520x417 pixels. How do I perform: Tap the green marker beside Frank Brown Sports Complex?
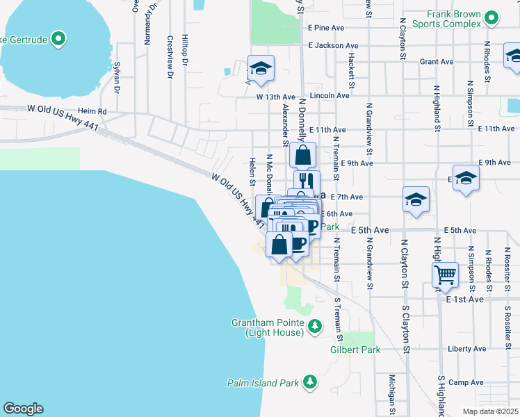click(x=492, y=17)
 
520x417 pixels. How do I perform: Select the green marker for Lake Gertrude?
click(x=58, y=39)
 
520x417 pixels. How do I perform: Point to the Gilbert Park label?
click(x=355, y=350)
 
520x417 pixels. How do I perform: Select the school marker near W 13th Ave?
click(x=261, y=68)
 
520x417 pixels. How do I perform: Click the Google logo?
click(x=23, y=409)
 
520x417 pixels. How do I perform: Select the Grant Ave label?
click(x=436, y=62)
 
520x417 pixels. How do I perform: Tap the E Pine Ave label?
click(x=326, y=28)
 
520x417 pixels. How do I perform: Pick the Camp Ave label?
click(x=466, y=382)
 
